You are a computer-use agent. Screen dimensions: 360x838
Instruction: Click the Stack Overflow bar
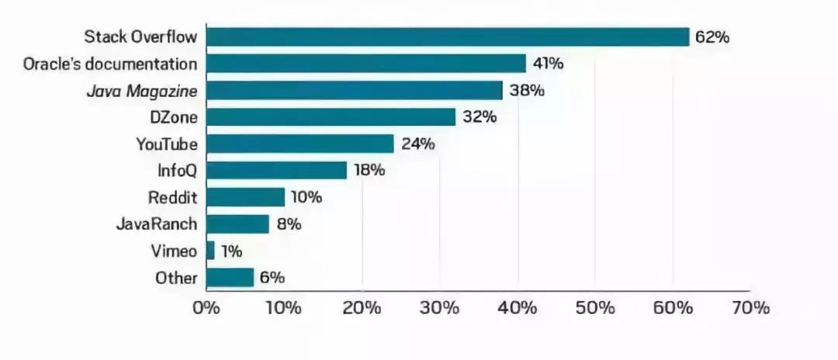click(448, 36)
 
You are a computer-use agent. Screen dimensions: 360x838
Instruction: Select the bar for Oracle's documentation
click(366, 64)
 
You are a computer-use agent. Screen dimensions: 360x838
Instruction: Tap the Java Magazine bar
click(355, 91)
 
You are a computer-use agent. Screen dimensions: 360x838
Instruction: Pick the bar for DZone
click(331, 117)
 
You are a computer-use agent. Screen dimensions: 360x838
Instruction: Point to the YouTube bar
click(300, 144)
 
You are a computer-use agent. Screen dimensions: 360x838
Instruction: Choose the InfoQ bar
click(277, 171)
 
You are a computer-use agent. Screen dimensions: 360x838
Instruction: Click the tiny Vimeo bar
click(211, 251)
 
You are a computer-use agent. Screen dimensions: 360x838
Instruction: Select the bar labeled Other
click(230, 278)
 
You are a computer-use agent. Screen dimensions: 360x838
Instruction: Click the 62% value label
click(712, 37)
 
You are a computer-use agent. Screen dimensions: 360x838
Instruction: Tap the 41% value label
click(548, 64)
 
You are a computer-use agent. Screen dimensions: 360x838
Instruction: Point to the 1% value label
click(231, 251)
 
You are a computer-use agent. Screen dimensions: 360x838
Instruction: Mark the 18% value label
click(369, 171)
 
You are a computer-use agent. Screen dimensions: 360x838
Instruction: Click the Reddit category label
click(172, 198)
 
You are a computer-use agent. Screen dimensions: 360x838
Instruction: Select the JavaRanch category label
click(156, 224)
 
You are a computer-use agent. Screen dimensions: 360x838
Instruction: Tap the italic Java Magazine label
click(151, 91)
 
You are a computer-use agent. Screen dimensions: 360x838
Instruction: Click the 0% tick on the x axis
click(206, 308)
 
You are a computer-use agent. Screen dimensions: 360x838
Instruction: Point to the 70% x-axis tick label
click(750, 308)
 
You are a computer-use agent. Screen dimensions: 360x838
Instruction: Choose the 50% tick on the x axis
click(594, 308)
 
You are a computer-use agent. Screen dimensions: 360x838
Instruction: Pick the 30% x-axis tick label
click(439, 308)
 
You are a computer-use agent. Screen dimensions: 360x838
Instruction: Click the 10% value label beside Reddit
click(306, 198)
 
